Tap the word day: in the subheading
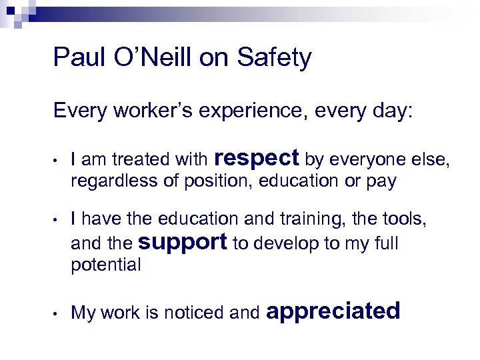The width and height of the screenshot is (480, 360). (x=393, y=111)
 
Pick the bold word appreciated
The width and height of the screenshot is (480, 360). (x=333, y=311)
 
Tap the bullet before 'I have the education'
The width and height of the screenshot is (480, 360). (x=59, y=219)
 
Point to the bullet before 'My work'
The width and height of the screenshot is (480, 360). (x=59, y=313)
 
